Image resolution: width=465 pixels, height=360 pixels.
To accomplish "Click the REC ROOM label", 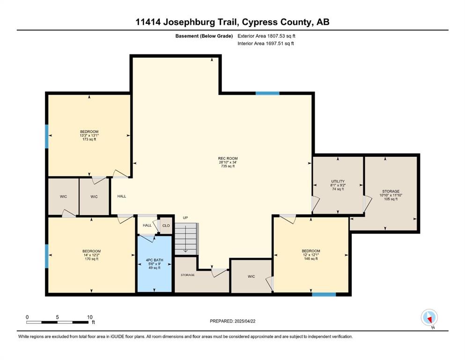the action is click(x=228, y=158).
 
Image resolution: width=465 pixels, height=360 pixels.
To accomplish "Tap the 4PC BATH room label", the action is click(x=155, y=260).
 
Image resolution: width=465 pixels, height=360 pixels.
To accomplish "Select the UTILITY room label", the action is click(x=338, y=181).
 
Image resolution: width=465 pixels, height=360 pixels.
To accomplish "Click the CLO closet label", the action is click(x=166, y=225).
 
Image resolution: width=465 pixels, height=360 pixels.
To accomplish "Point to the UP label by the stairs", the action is click(x=185, y=218).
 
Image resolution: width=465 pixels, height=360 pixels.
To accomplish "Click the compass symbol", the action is click(x=429, y=317).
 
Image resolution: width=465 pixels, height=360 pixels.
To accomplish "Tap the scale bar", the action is click(x=57, y=322).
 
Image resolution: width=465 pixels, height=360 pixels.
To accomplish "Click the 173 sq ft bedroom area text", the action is click(x=89, y=139).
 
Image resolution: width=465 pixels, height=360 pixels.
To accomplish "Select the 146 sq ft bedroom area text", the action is click(x=311, y=259).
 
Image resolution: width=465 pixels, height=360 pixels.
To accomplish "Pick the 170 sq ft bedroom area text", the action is click(x=91, y=259).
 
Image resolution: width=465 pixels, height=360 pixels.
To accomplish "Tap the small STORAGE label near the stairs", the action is click(x=188, y=275).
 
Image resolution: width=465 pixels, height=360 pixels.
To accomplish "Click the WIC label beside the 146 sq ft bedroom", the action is click(x=251, y=277).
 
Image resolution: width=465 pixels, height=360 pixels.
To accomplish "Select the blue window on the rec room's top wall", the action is click(x=267, y=93).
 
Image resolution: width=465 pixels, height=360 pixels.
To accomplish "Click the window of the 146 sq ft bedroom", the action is click(x=324, y=294).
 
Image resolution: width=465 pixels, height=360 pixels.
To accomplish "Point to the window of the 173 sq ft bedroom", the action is click(x=46, y=136).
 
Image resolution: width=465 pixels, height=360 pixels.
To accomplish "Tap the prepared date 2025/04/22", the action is click(x=244, y=321).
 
